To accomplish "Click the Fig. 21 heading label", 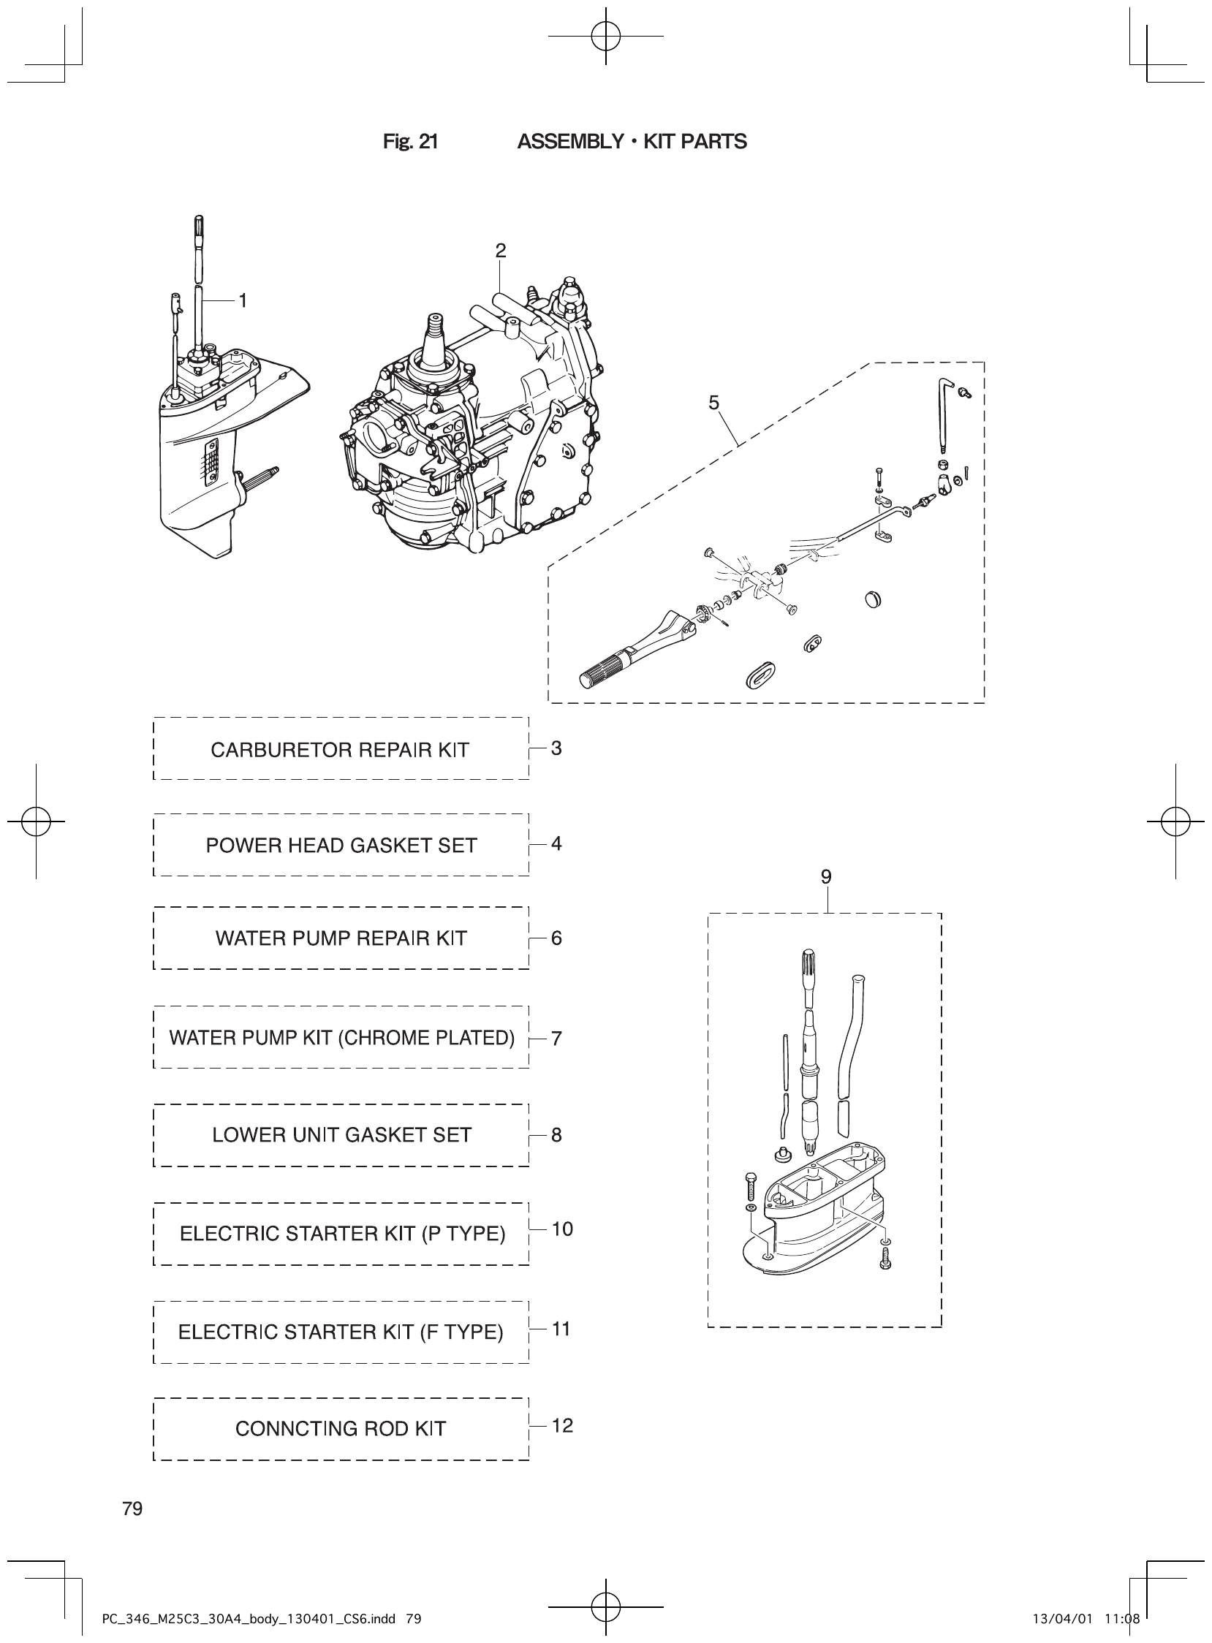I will coord(410,142).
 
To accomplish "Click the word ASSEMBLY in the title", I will coord(570,142).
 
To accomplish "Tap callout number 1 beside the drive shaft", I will coord(243,300).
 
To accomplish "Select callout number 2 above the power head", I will coord(500,251).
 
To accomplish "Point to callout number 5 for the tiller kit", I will coord(714,403).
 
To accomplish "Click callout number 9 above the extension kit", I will coord(826,876).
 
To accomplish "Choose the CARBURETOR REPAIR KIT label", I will coord(340,750).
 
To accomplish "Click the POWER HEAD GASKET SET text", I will coord(341,846).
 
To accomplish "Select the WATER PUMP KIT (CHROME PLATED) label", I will coord(342,1038).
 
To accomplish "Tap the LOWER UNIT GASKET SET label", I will coord(341,1136).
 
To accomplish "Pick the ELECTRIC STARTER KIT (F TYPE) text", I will coord(341,1332).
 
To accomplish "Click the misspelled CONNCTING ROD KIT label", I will coord(341,1429).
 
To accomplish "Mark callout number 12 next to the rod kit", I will coord(562,1425).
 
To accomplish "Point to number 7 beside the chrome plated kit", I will coord(556,1039).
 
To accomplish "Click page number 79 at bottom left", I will coord(133,1509).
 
